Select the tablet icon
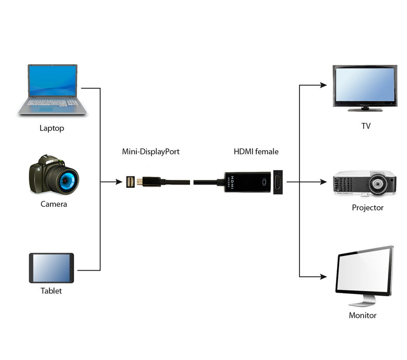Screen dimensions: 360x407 (x=51, y=268)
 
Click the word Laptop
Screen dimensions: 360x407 (x=52, y=128)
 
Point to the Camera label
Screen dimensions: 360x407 (x=54, y=204)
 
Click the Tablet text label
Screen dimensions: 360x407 (x=51, y=291)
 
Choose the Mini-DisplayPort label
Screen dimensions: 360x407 (x=151, y=152)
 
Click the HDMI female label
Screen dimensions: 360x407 (x=256, y=152)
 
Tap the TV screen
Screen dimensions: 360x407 (x=365, y=85)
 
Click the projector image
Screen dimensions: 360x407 (x=364, y=183)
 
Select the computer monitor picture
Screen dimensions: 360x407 (x=364, y=275)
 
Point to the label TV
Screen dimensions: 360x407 (x=366, y=125)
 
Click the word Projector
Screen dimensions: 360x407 (x=367, y=208)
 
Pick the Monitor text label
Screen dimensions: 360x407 (x=363, y=315)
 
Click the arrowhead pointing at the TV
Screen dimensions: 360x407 (x=323, y=85)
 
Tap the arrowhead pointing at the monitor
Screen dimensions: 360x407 (x=323, y=277)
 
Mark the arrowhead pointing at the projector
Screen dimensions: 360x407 (x=323, y=182)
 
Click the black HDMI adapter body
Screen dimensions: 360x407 (x=247, y=182)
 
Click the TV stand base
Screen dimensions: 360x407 (x=365, y=109)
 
